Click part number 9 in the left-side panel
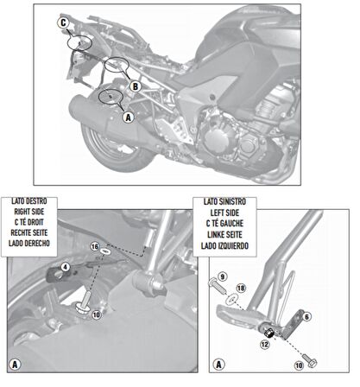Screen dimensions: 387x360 click(x=221, y=276)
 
